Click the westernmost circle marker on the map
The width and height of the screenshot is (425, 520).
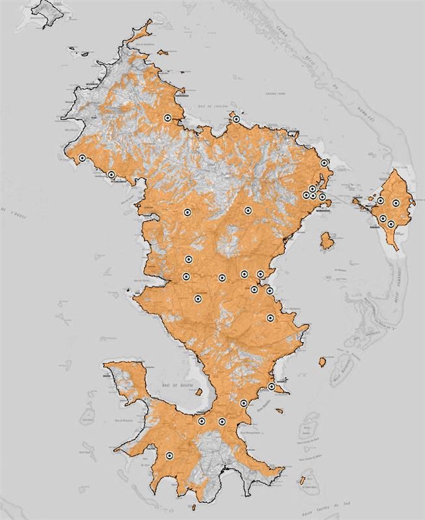coord(82,159)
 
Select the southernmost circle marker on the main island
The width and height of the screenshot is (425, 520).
coord(169,456)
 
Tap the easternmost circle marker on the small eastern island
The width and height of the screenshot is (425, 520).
coord(396,203)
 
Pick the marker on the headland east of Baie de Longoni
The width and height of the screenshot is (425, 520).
coord(236,119)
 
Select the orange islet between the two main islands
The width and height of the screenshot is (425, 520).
coord(327,242)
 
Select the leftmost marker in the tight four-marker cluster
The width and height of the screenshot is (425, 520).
coord(305,195)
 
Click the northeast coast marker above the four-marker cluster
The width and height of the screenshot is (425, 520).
coord(324,163)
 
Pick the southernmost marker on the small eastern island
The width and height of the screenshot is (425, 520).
coord(391,224)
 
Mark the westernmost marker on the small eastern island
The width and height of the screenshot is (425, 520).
coord(380,201)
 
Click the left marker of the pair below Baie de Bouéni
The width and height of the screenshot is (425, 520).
coord(202,421)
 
